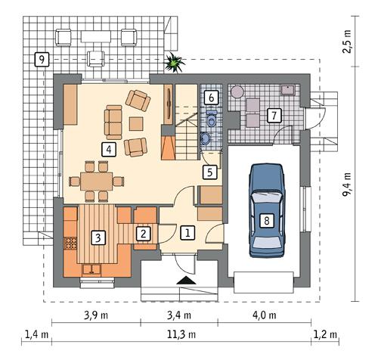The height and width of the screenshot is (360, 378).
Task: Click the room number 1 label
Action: click(x=187, y=233)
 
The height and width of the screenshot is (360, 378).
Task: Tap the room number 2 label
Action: click(x=142, y=234)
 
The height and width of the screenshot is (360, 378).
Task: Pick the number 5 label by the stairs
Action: click(x=209, y=172)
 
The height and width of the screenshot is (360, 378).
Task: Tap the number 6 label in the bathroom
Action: click(x=212, y=98)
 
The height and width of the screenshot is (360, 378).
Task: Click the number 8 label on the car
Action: click(x=266, y=221)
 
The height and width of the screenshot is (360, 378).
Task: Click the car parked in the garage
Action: click(x=266, y=208)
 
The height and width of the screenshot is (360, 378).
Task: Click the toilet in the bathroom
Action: click(x=212, y=118)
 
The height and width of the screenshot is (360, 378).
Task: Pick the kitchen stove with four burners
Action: click(x=72, y=244)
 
